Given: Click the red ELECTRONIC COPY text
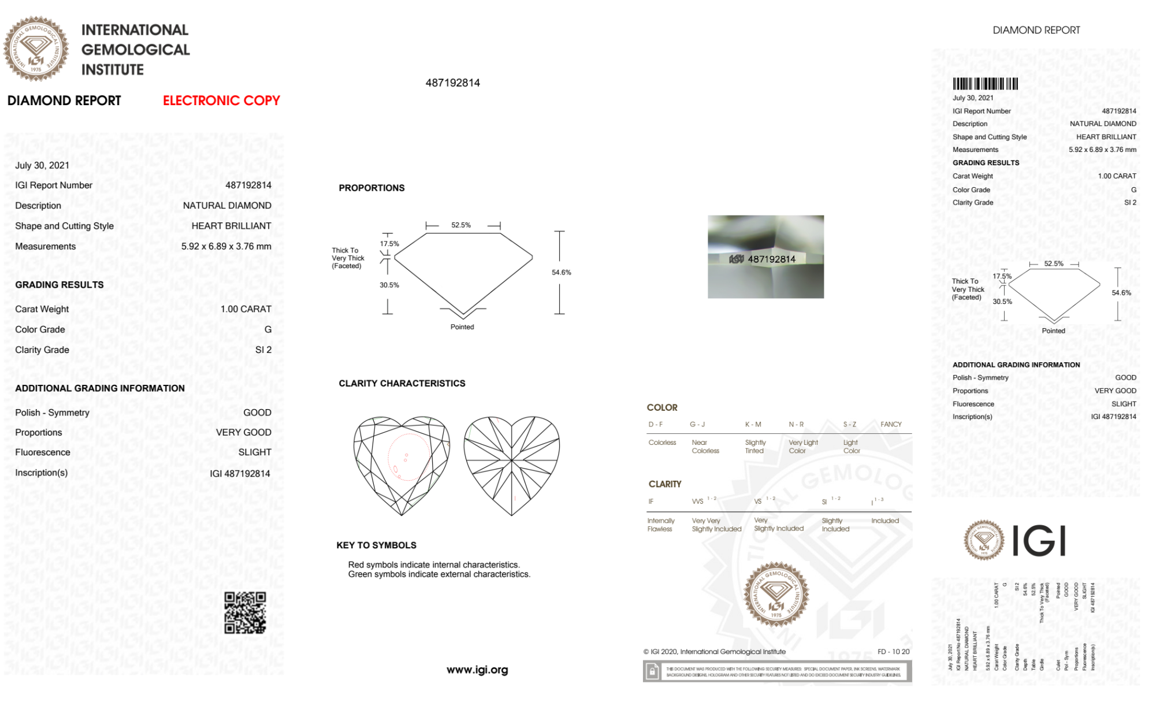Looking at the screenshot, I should pyautogui.click(x=221, y=101).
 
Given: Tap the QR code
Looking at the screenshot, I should pyautogui.click(x=245, y=612).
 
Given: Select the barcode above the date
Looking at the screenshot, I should pyautogui.click(x=985, y=84).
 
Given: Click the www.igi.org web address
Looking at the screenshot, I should pyautogui.click(x=477, y=670).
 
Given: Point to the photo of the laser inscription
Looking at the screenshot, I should pyautogui.click(x=765, y=257).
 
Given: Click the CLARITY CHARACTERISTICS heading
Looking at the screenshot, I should pyautogui.click(x=402, y=383).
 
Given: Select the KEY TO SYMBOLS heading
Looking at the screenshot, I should pyautogui.click(x=376, y=545).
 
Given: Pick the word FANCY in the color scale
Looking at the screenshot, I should pyautogui.click(x=891, y=424).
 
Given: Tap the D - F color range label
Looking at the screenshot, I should pyautogui.click(x=655, y=424).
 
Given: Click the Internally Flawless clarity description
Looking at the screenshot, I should pyautogui.click(x=660, y=525).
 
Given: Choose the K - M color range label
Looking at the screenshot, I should pyautogui.click(x=753, y=424).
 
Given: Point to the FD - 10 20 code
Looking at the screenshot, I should pyautogui.click(x=893, y=652).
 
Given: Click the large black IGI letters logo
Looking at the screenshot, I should pyautogui.click(x=1039, y=541).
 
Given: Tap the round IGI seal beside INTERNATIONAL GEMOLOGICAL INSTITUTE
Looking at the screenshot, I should pyautogui.click(x=36, y=49).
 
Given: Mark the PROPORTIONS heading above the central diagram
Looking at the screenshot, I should pyautogui.click(x=371, y=188).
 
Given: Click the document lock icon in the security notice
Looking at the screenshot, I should pyautogui.click(x=652, y=671).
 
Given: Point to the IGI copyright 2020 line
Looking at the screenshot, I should pyautogui.click(x=715, y=652).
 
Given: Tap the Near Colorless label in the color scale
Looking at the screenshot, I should pyautogui.click(x=705, y=447).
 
